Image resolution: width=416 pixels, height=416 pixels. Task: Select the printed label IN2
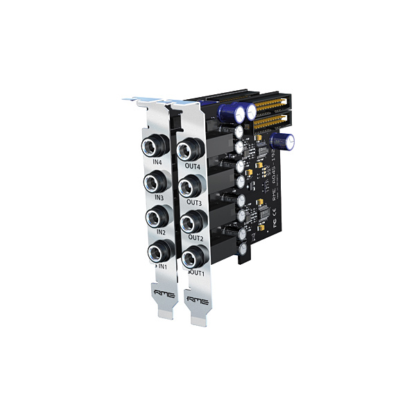(160, 232)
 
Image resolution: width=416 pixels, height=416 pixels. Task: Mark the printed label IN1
(163, 266)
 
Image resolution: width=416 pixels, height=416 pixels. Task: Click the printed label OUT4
(193, 167)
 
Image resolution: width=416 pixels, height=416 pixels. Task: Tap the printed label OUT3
(194, 203)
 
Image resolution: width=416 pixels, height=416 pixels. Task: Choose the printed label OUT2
(196, 238)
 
